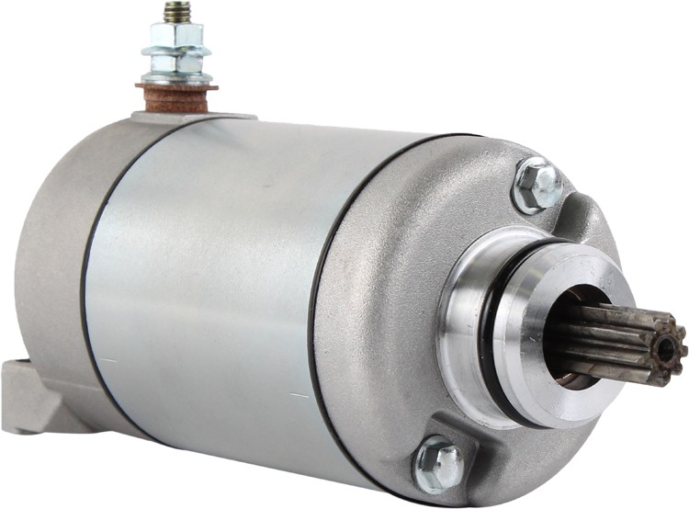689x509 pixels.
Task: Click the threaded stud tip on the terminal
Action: pos(172,12)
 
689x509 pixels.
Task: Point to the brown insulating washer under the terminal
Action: pos(176,96)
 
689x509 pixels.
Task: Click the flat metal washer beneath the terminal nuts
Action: pos(176,79)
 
